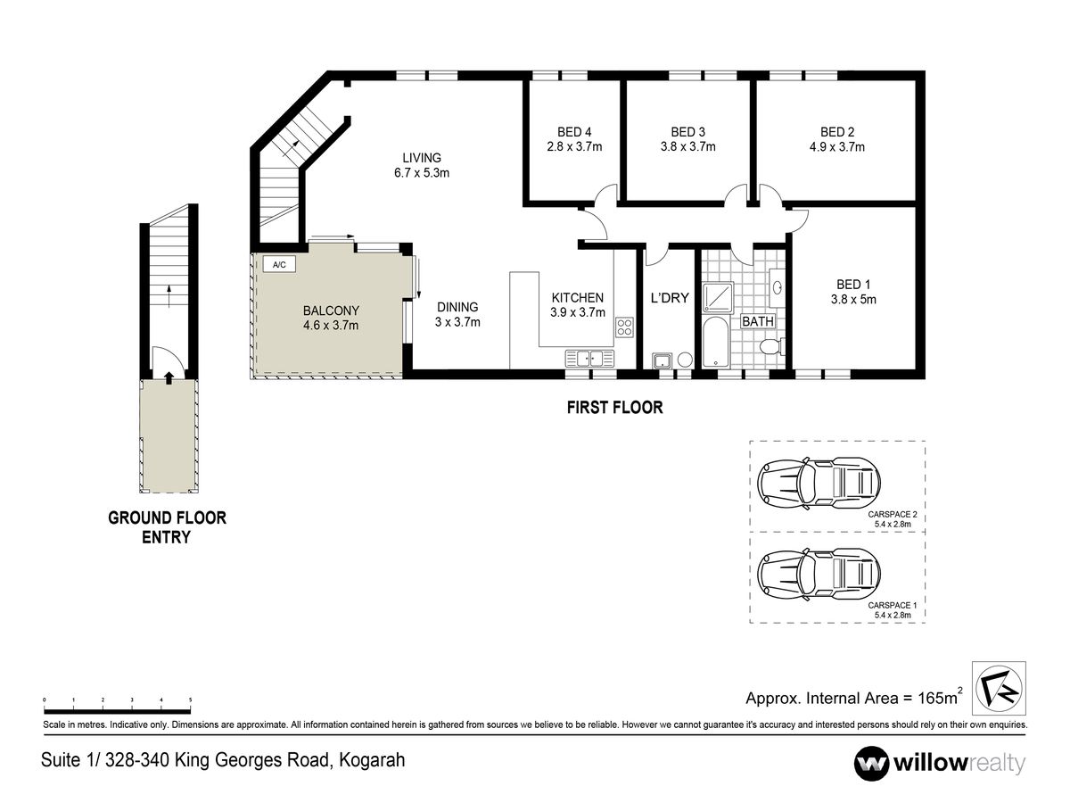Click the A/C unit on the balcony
pos(279,264)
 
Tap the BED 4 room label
pos(574,132)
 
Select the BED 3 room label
pos(687,132)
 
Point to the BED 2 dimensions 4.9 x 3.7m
pos(837,146)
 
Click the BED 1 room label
pos(853,285)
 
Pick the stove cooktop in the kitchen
pos(624,327)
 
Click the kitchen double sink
pos(589,359)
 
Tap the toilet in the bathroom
pos(771,347)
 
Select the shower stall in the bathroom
pos(718,297)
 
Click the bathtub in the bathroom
pos(715,343)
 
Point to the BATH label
pos(758,321)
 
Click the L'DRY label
pos(670,297)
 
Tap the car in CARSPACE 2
pos(819,484)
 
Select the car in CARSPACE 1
pos(819,575)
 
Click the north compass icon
pos(999,687)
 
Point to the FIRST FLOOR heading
pos(614,407)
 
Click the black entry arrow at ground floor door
pos(169,377)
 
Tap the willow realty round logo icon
pos(870,764)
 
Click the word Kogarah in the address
pos(372,760)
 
